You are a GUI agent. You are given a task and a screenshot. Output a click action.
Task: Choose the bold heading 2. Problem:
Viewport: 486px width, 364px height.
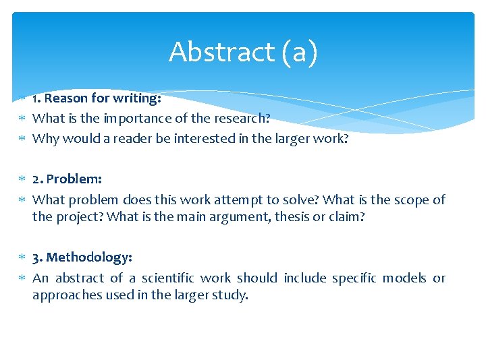pos(67,179)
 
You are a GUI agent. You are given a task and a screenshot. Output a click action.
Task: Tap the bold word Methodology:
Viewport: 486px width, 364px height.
pos(89,257)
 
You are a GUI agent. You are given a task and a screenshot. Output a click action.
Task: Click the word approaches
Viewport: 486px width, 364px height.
pos(65,295)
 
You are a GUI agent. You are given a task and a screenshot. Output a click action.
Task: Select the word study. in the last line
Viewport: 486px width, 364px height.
pos(232,295)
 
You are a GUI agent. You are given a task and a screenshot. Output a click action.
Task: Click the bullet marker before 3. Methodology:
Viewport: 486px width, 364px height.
pos(22,257)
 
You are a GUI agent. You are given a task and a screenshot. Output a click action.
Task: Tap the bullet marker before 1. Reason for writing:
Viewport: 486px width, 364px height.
pos(22,98)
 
